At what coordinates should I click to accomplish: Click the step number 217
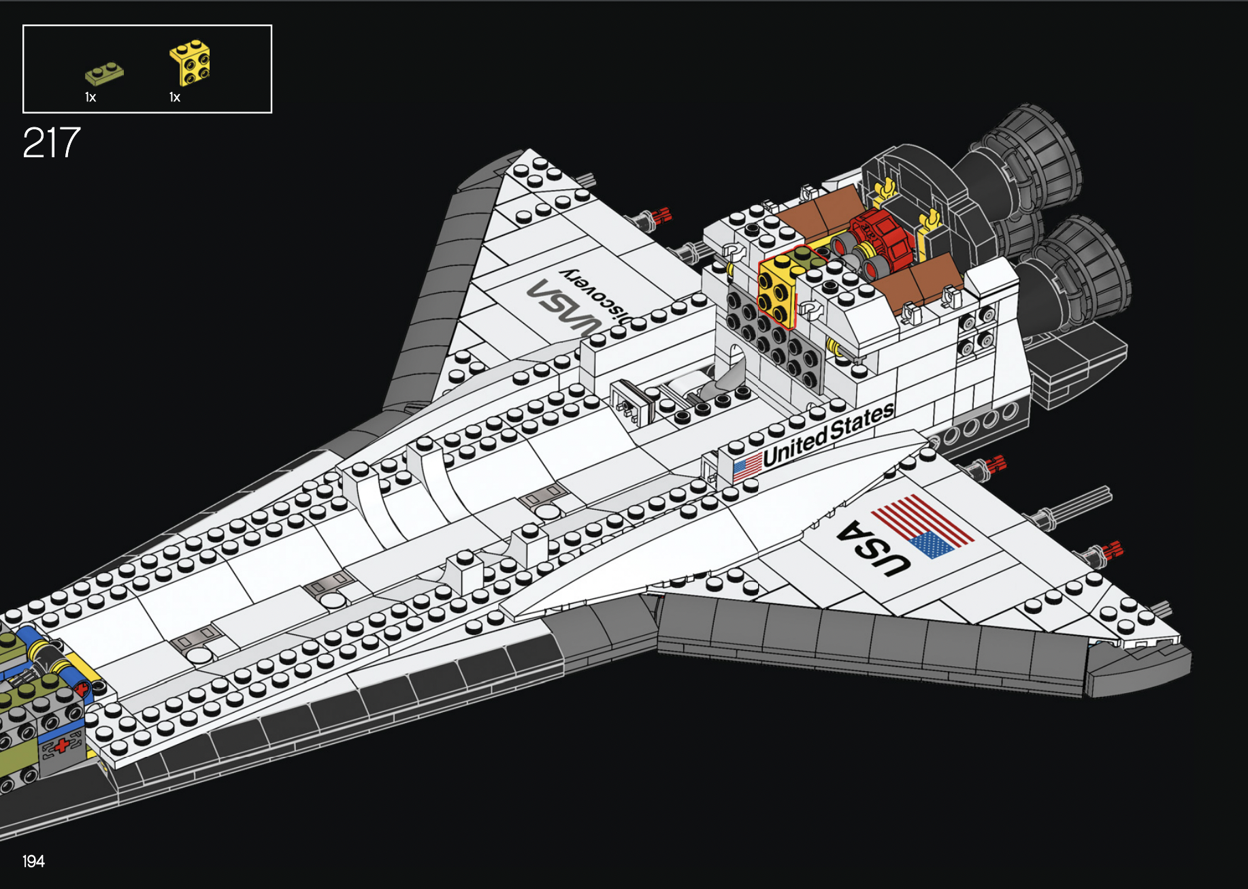pos(52,143)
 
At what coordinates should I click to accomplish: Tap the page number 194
pos(33,862)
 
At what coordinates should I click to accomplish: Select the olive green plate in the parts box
pos(104,73)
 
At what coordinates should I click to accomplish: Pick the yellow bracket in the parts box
pos(191,63)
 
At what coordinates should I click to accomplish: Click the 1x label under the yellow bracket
pos(175,97)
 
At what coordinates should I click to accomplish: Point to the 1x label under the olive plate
pos(91,97)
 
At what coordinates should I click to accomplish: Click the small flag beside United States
pos(747,467)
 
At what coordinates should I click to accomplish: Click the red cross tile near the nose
pos(63,745)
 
